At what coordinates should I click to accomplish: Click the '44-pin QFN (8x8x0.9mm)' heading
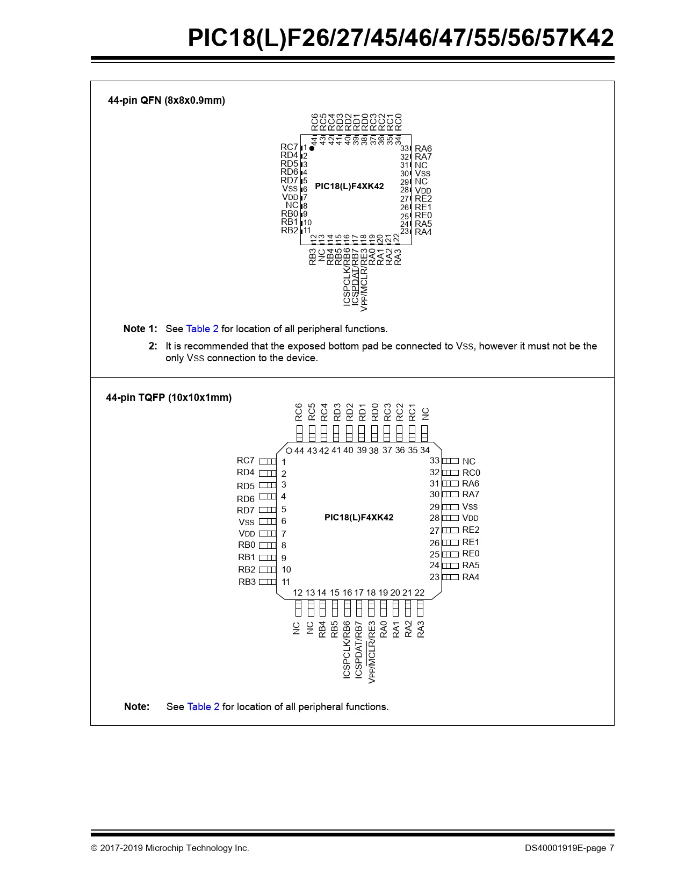click(x=167, y=101)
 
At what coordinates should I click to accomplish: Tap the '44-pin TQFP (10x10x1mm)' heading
click(x=169, y=398)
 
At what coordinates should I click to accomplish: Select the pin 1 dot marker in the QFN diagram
click(x=312, y=148)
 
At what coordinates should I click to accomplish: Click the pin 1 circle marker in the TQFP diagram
click(x=289, y=450)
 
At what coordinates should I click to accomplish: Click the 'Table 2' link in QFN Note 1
click(x=202, y=329)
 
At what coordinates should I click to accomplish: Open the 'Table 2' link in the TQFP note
click(x=203, y=707)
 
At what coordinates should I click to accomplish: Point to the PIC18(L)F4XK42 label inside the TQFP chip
click(x=359, y=518)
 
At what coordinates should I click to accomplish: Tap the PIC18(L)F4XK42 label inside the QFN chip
click(x=349, y=187)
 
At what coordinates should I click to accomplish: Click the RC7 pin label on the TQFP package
click(x=246, y=461)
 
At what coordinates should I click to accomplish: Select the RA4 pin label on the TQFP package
click(x=471, y=577)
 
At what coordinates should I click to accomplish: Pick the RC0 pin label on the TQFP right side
click(x=471, y=473)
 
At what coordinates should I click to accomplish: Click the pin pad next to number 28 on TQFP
click(x=450, y=518)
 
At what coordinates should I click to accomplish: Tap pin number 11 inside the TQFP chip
click(x=286, y=582)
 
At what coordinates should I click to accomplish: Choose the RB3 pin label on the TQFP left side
click(x=247, y=582)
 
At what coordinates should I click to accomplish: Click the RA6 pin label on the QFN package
click(x=423, y=149)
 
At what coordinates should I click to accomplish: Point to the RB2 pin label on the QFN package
click(x=290, y=231)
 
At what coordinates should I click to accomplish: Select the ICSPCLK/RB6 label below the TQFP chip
click(x=347, y=649)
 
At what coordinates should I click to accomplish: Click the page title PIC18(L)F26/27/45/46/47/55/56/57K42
click(x=401, y=38)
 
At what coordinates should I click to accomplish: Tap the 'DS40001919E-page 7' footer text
click(x=569, y=848)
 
